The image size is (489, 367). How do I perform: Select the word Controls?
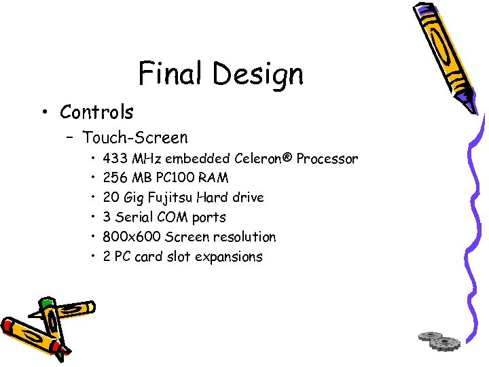pos(96,111)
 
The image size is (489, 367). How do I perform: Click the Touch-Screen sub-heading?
pos(135,138)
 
